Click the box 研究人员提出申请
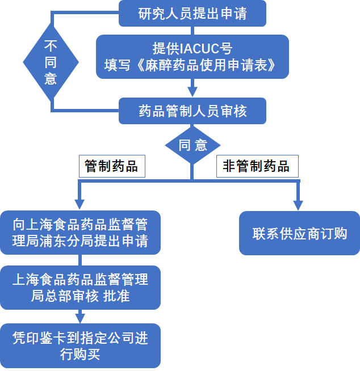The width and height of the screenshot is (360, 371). click(192, 13)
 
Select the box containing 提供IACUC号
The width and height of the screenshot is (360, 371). click(192, 57)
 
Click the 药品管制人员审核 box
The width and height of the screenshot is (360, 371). click(192, 111)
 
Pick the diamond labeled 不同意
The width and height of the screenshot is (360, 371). click(51, 62)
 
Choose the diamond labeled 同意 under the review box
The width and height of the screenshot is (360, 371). click(192, 145)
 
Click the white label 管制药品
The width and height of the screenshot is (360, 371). click(111, 166)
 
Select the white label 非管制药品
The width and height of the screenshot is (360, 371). click(256, 166)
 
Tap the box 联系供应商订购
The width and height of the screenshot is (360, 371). click(299, 233)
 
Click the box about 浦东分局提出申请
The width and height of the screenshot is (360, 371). click(80, 233)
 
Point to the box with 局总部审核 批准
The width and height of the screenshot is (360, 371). click(80, 287)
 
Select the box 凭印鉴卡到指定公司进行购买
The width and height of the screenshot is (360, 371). click(80, 346)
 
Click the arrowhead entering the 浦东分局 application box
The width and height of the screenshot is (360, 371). click(80, 205)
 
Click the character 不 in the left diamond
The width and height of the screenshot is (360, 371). click(51, 46)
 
